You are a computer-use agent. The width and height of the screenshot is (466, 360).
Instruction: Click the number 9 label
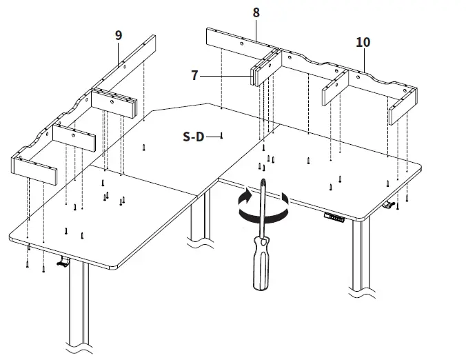[x=119, y=35]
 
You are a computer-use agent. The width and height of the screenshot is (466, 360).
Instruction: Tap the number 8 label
[x=256, y=12]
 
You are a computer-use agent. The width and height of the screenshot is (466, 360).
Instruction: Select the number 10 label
[x=363, y=42]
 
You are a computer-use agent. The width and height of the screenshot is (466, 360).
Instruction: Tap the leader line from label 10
[x=363, y=59]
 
